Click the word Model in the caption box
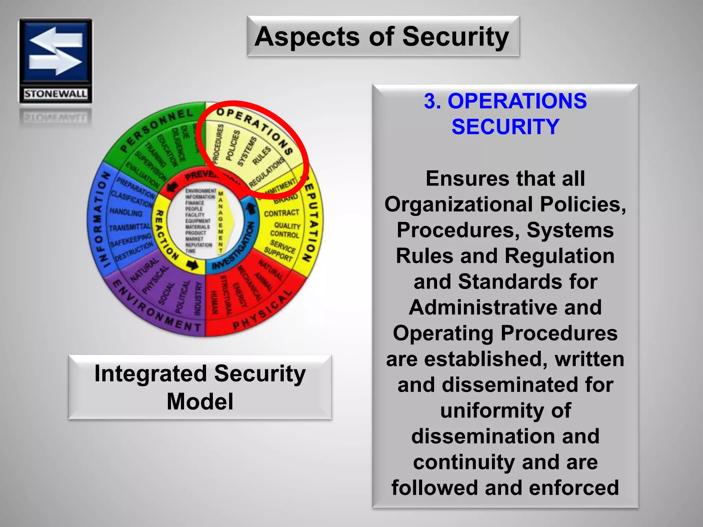pos(200,401)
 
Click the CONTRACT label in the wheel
pos(281,213)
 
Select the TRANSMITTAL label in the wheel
pos(130,227)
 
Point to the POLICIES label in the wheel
pos(233,145)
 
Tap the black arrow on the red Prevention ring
pos(172,187)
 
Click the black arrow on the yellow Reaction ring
pos(192,265)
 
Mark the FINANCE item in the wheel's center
pos(195,203)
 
